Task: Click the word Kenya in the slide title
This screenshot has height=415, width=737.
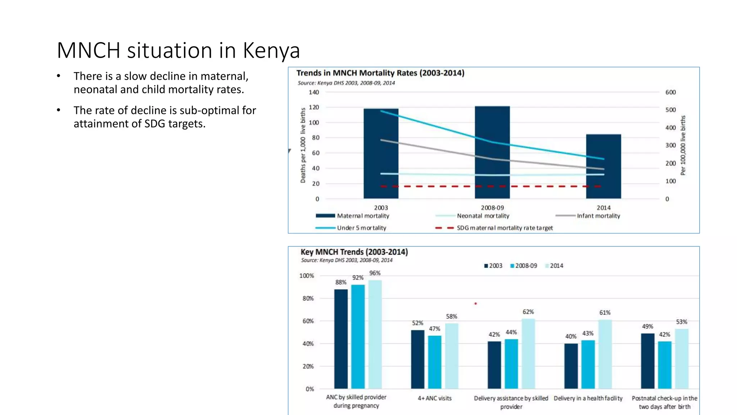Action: click(271, 50)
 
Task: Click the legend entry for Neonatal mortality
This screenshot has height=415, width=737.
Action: click(483, 216)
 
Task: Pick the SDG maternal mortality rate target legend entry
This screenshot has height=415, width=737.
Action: click(505, 228)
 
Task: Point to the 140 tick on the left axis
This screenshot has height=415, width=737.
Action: click(314, 92)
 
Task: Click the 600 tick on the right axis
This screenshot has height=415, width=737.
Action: click(670, 92)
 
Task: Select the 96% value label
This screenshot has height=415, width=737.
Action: click(375, 273)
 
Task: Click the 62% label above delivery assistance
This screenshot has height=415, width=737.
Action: click(528, 312)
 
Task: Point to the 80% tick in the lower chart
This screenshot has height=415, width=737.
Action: click(308, 298)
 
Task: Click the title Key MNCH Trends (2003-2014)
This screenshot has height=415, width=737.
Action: click(354, 252)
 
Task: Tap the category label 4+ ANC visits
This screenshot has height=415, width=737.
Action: click(434, 398)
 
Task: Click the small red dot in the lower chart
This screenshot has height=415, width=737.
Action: click(475, 304)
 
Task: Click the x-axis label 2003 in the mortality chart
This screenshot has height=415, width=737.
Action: click(381, 208)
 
